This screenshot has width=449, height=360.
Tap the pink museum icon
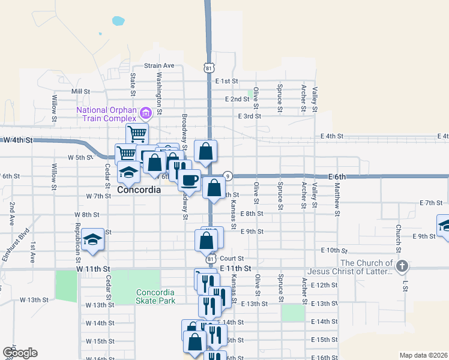[145, 113]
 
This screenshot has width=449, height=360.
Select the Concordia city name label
[139, 190]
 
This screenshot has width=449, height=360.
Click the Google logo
[20, 353]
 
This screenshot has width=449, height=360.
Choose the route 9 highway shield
[228, 176]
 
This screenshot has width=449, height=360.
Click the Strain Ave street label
[159, 65]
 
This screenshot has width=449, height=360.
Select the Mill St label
[80, 92]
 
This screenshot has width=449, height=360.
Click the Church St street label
[398, 238]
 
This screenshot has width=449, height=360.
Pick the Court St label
[230, 258]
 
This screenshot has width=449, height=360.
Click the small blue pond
[118, 21]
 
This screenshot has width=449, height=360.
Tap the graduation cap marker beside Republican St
[92, 241]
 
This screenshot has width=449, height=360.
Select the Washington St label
[159, 93]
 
